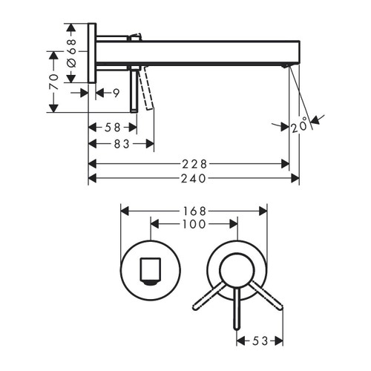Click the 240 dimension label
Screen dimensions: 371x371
tap(194, 178)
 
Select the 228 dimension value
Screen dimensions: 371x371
tap(194, 162)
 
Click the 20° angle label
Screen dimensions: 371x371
tap(300, 125)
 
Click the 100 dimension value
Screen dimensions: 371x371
tap(194, 223)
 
